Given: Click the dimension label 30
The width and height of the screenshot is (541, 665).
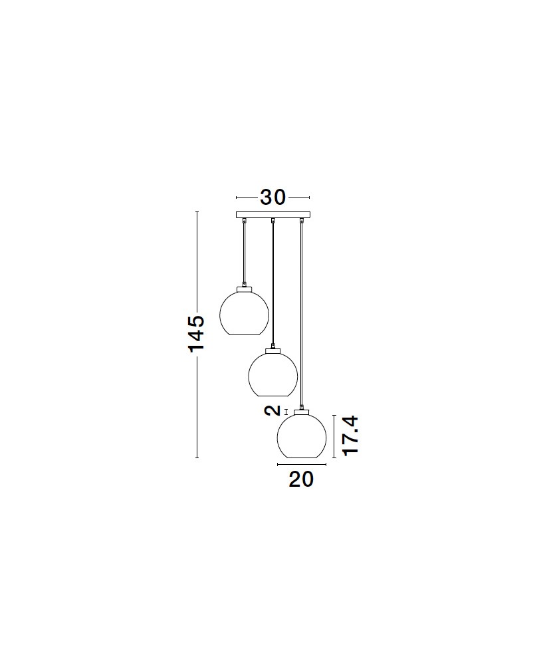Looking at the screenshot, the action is click(x=272, y=198).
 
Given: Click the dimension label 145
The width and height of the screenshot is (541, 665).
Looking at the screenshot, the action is click(x=196, y=333).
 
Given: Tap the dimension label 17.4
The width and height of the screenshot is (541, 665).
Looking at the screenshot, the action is click(x=351, y=436).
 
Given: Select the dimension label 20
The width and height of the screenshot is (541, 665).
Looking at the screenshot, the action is click(x=301, y=479).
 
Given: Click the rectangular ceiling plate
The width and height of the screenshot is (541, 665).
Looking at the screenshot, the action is click(x=273, y=215).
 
